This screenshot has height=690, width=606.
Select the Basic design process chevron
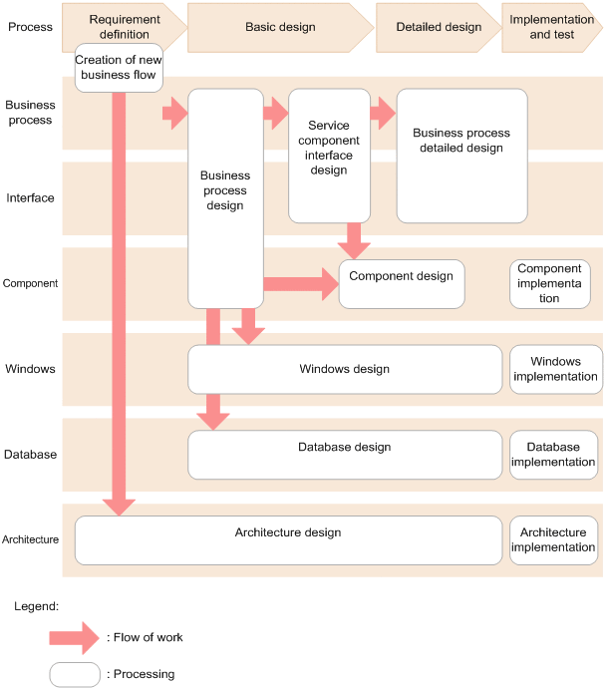click(280, 27)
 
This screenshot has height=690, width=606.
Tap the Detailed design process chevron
click(439, 27)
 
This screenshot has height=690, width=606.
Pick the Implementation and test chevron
click(552, 27)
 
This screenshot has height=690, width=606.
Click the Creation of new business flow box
click(119, 68)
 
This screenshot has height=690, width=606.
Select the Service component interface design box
click(329, 156)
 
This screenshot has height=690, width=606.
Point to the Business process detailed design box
click(461, 156)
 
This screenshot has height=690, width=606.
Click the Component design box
click(402, 284)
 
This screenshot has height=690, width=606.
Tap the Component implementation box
click(550, 284)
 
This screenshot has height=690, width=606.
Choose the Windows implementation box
click(556, 369)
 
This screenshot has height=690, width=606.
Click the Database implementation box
click(553, 455)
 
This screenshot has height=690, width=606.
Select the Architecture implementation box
click(553, 540)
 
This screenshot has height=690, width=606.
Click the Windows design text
click(344, 369)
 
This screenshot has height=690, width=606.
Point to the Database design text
click(344, 447)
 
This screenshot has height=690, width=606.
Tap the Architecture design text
click(288, 532)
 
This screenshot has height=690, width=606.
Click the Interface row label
click(30, 198)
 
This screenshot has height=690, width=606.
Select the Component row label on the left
click(30, 283)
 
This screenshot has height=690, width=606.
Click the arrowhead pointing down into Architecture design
click(119, 508)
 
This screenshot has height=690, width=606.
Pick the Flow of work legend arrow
click(75, 638)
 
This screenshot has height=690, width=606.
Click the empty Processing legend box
click(75, 675)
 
